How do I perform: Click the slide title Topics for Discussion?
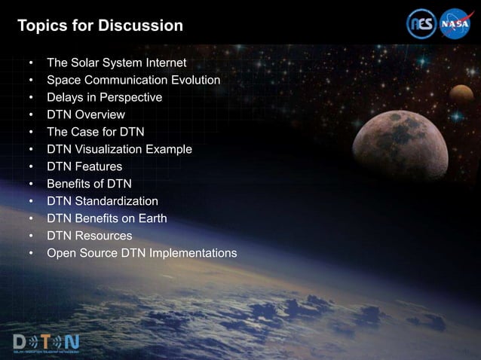(100, 26)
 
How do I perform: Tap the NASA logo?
(455, 23)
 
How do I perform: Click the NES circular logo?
(421, 23)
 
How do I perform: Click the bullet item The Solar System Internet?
(116, 63)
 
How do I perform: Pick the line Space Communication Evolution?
(133, 80)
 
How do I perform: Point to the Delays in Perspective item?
(104, 97)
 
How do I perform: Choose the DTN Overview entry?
(85, 114)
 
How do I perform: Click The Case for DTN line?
(95, 132)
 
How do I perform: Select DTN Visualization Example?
(119, 149)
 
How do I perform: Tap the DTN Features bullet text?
(84, 166)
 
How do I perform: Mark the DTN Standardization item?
(102, 201)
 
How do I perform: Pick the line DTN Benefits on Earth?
(106, 218)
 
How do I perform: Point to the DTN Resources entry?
(89, 236)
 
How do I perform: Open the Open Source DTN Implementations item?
(141, 253)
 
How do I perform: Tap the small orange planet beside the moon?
(461, 94)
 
